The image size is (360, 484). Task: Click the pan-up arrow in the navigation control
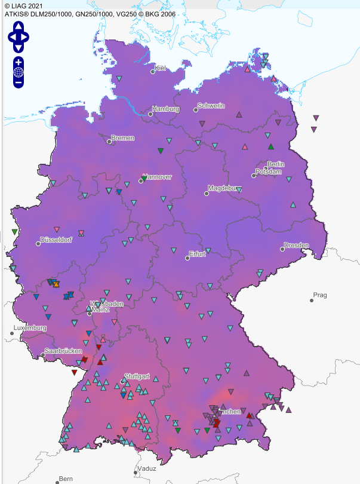click(x=19, y=26)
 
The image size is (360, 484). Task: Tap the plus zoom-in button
click(x=19, y=62)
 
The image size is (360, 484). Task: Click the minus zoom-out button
click(x=19, y=83)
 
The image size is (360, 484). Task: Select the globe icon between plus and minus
click(x=19, y=73)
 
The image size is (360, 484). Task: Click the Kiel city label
click(x=160, y=68)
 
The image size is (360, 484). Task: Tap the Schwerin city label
click(x=211, y=106)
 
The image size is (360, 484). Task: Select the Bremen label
click(x=122, y=138)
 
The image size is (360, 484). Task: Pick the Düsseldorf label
click(x=56, y=240)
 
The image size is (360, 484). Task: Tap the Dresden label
click(x=296, y=246)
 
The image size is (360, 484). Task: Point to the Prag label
click(x=321, y=295)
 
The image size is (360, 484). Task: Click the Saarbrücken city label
click(x=63, y=351)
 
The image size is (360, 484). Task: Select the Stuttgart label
click(x=137, y=377)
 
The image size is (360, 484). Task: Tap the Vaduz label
click(x=146, y=468)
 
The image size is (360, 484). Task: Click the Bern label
click(x=66, y=479)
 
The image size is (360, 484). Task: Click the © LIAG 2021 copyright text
click(x=23, y=5)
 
